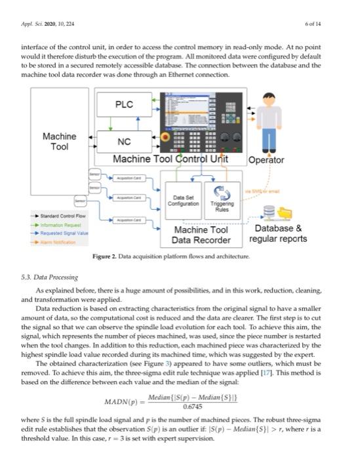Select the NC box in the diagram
[124, 142]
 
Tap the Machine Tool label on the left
[59, 142]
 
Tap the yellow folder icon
[285, 212]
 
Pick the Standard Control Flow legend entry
[60, 215]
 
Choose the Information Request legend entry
[60, 224]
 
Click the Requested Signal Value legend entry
[62, 232]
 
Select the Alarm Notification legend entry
[58, 241]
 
